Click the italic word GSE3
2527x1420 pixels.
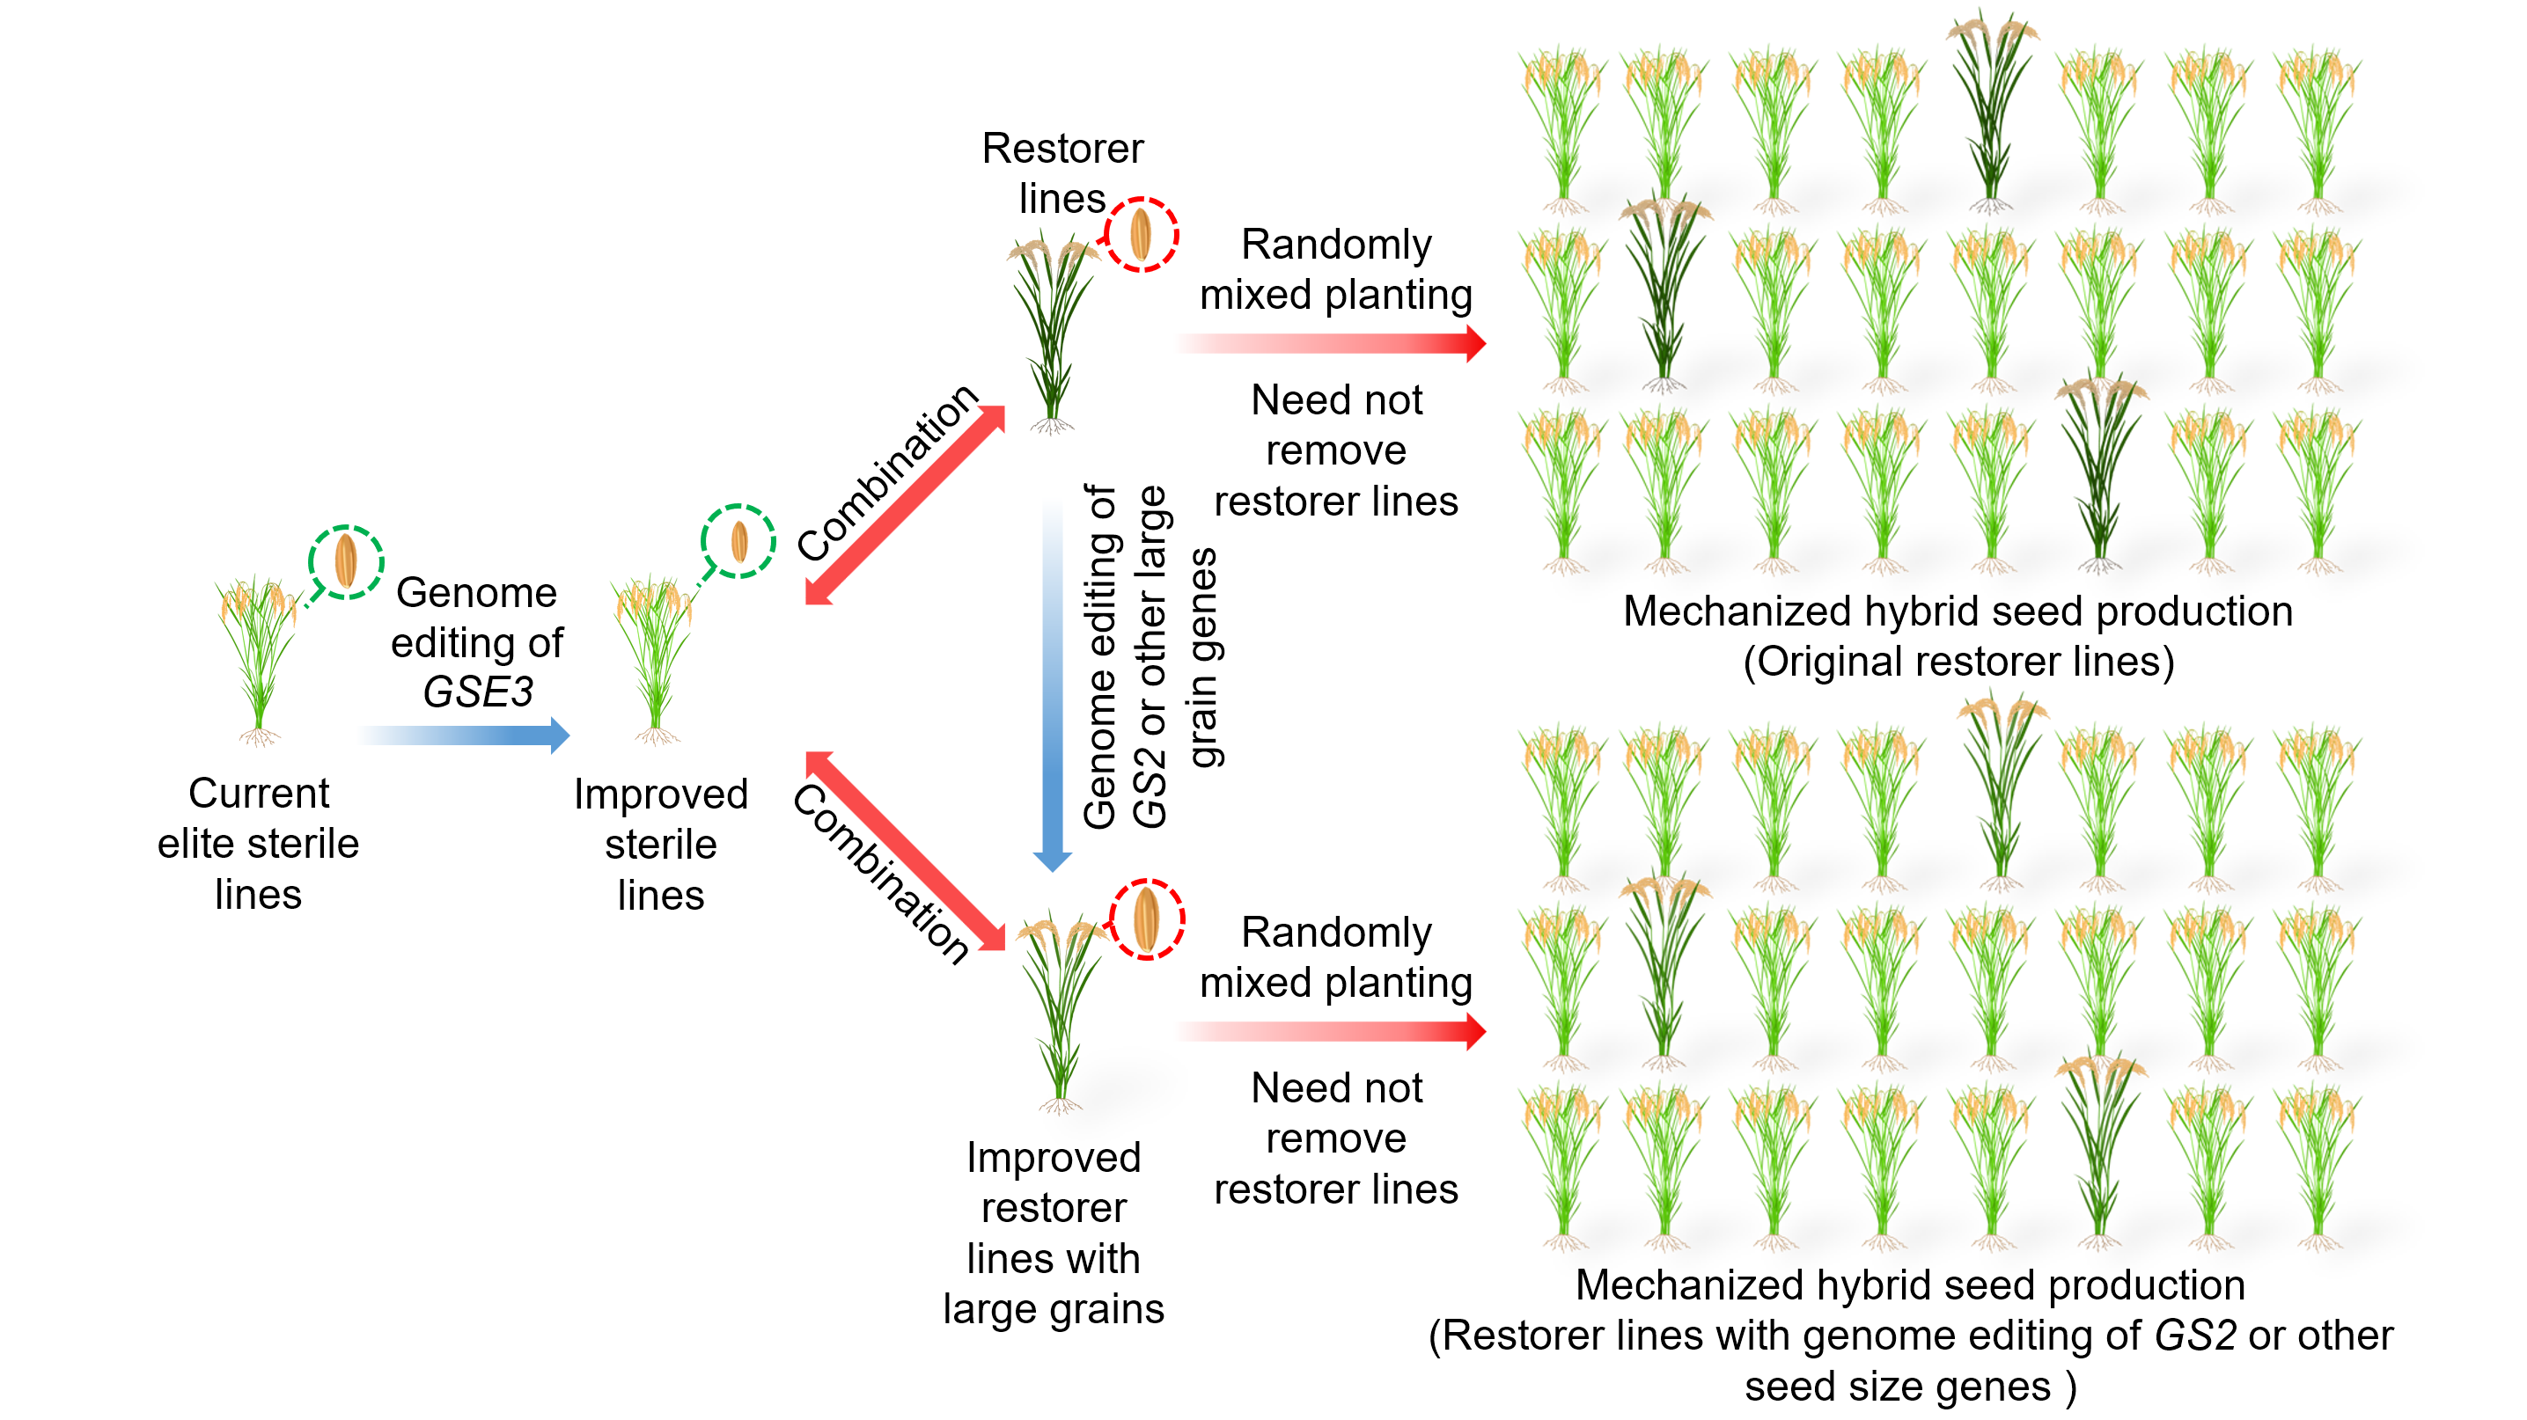pos(478,692)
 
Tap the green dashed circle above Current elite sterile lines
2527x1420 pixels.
pos(345,561)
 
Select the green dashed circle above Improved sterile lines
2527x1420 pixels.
pos(738,541)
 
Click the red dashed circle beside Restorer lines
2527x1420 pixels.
pos(1140,234)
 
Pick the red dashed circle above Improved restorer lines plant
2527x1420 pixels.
pos(1146,919)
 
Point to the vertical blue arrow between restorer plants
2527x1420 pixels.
pos(1052,686)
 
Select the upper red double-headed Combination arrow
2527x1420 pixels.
pos(905,505)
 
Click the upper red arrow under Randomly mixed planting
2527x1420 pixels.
pos(1334,343)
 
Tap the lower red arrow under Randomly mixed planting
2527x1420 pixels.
pos(1334,1030)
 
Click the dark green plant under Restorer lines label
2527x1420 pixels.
pos(1052,333)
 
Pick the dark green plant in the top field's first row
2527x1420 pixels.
pos(1990,113)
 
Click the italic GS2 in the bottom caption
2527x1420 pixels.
pos(2194,1336)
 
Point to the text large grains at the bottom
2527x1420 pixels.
pos(1053,1309)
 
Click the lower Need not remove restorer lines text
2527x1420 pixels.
pos(1335,1138)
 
